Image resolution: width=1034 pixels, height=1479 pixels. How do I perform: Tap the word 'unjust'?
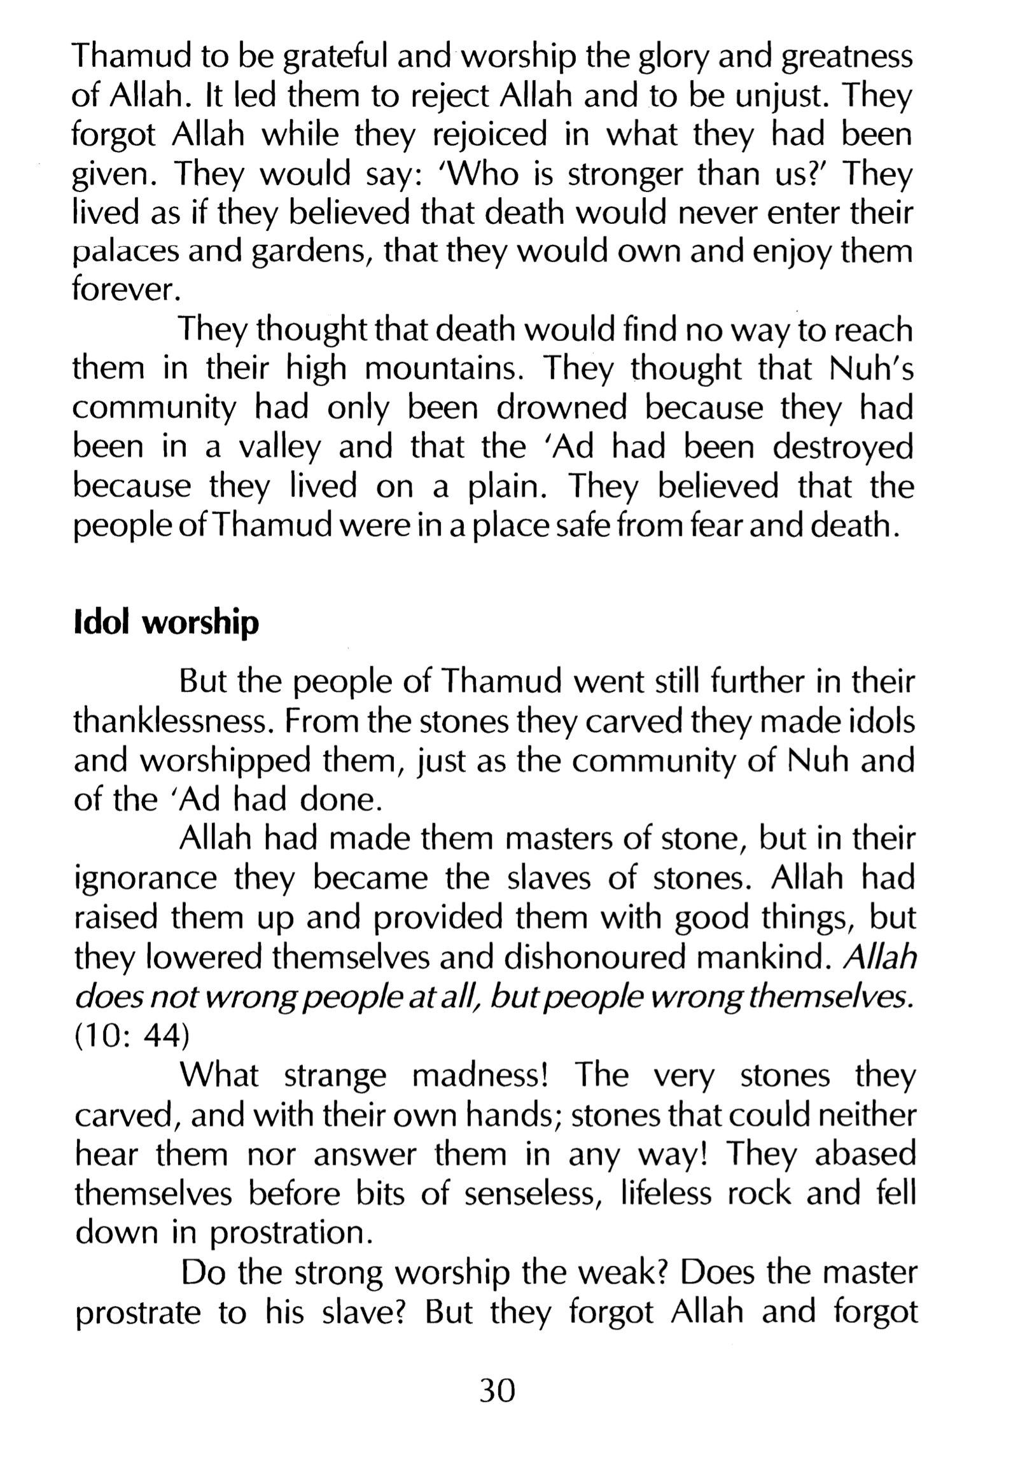[x=782, y=97]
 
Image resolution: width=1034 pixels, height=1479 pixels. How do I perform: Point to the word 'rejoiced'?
[x=489, y=135]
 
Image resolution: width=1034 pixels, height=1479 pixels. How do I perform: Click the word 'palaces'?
[x=125, y=252]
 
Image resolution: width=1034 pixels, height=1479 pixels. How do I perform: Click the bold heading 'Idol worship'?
[x=166, y=623]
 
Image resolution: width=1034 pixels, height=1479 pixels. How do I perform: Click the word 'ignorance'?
[x=146, y=878]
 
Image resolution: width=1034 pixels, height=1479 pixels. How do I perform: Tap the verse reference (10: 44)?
[x=132, y=1036]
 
